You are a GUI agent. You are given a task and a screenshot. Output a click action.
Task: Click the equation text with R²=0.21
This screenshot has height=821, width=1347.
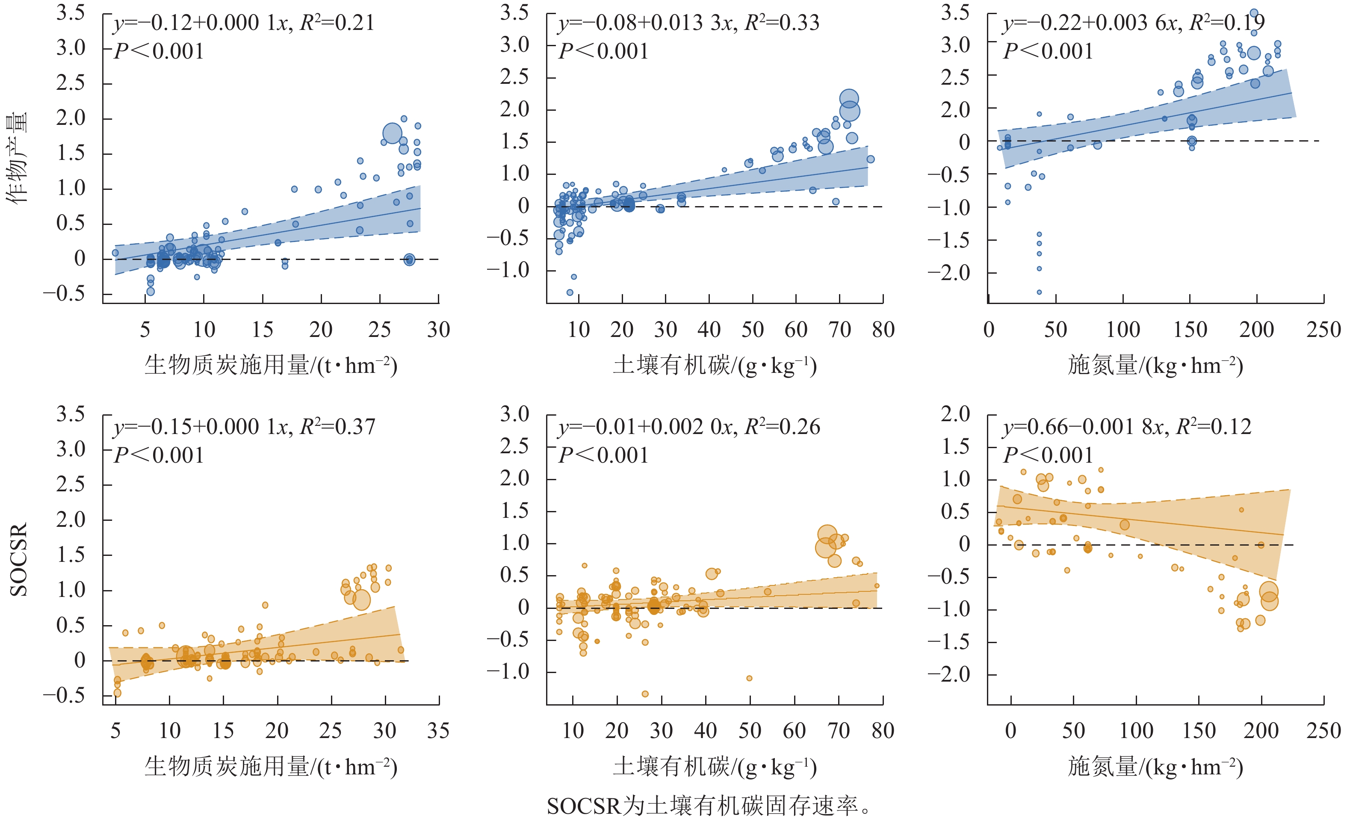243,23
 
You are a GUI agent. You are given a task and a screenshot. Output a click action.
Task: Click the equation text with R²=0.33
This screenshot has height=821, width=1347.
688,23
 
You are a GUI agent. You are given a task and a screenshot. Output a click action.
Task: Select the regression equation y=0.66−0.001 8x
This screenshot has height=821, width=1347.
1127,427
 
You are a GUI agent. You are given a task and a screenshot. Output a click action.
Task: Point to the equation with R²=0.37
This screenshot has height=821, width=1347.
244,427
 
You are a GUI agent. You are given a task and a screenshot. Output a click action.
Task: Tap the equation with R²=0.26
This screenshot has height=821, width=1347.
689,427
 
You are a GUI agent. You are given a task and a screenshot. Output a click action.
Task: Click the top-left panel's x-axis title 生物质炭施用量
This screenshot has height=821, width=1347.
271,365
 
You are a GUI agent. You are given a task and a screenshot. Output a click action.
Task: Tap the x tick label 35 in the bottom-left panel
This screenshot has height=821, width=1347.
438,731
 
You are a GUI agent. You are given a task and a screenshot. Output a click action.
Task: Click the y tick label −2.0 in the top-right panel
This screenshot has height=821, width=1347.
949,272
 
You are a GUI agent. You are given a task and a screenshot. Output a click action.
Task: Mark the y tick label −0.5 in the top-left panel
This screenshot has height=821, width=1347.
64,293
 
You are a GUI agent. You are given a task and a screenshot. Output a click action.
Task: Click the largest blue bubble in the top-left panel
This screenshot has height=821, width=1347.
393,133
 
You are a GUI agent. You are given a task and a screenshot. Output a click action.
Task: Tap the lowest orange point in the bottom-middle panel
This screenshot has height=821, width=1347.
645,694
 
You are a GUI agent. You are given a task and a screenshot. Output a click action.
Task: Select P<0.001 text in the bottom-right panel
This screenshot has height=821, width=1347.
1048,455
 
